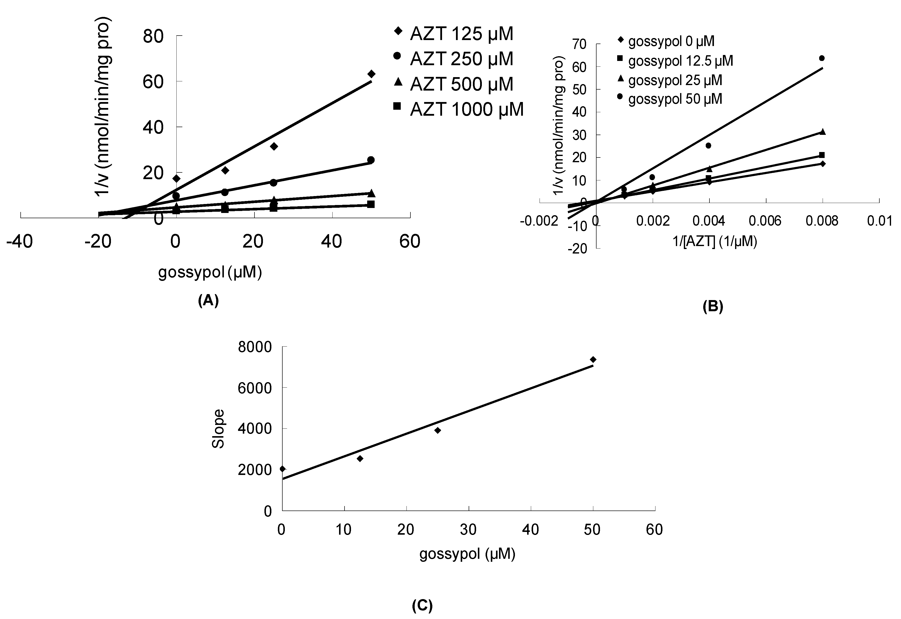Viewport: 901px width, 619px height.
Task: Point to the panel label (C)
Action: [x=422, y=605]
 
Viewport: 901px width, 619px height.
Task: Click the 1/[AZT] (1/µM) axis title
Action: [x=714, y=242]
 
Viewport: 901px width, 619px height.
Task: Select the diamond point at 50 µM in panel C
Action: [x=593, y=360]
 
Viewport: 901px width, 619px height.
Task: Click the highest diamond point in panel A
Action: [x=371, y=74]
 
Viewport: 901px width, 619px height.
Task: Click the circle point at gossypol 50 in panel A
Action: [x=371, y=160]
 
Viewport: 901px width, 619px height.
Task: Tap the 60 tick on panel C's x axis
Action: [x=654, y=530]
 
